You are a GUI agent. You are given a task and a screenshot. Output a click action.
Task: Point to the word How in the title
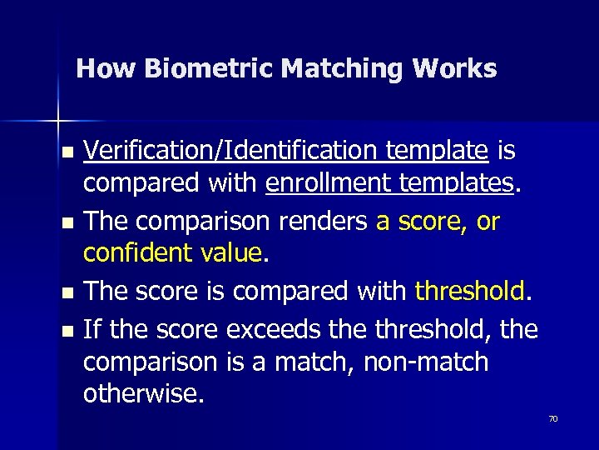point(106,68)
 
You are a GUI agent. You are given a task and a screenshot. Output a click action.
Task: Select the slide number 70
point(553,418)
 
